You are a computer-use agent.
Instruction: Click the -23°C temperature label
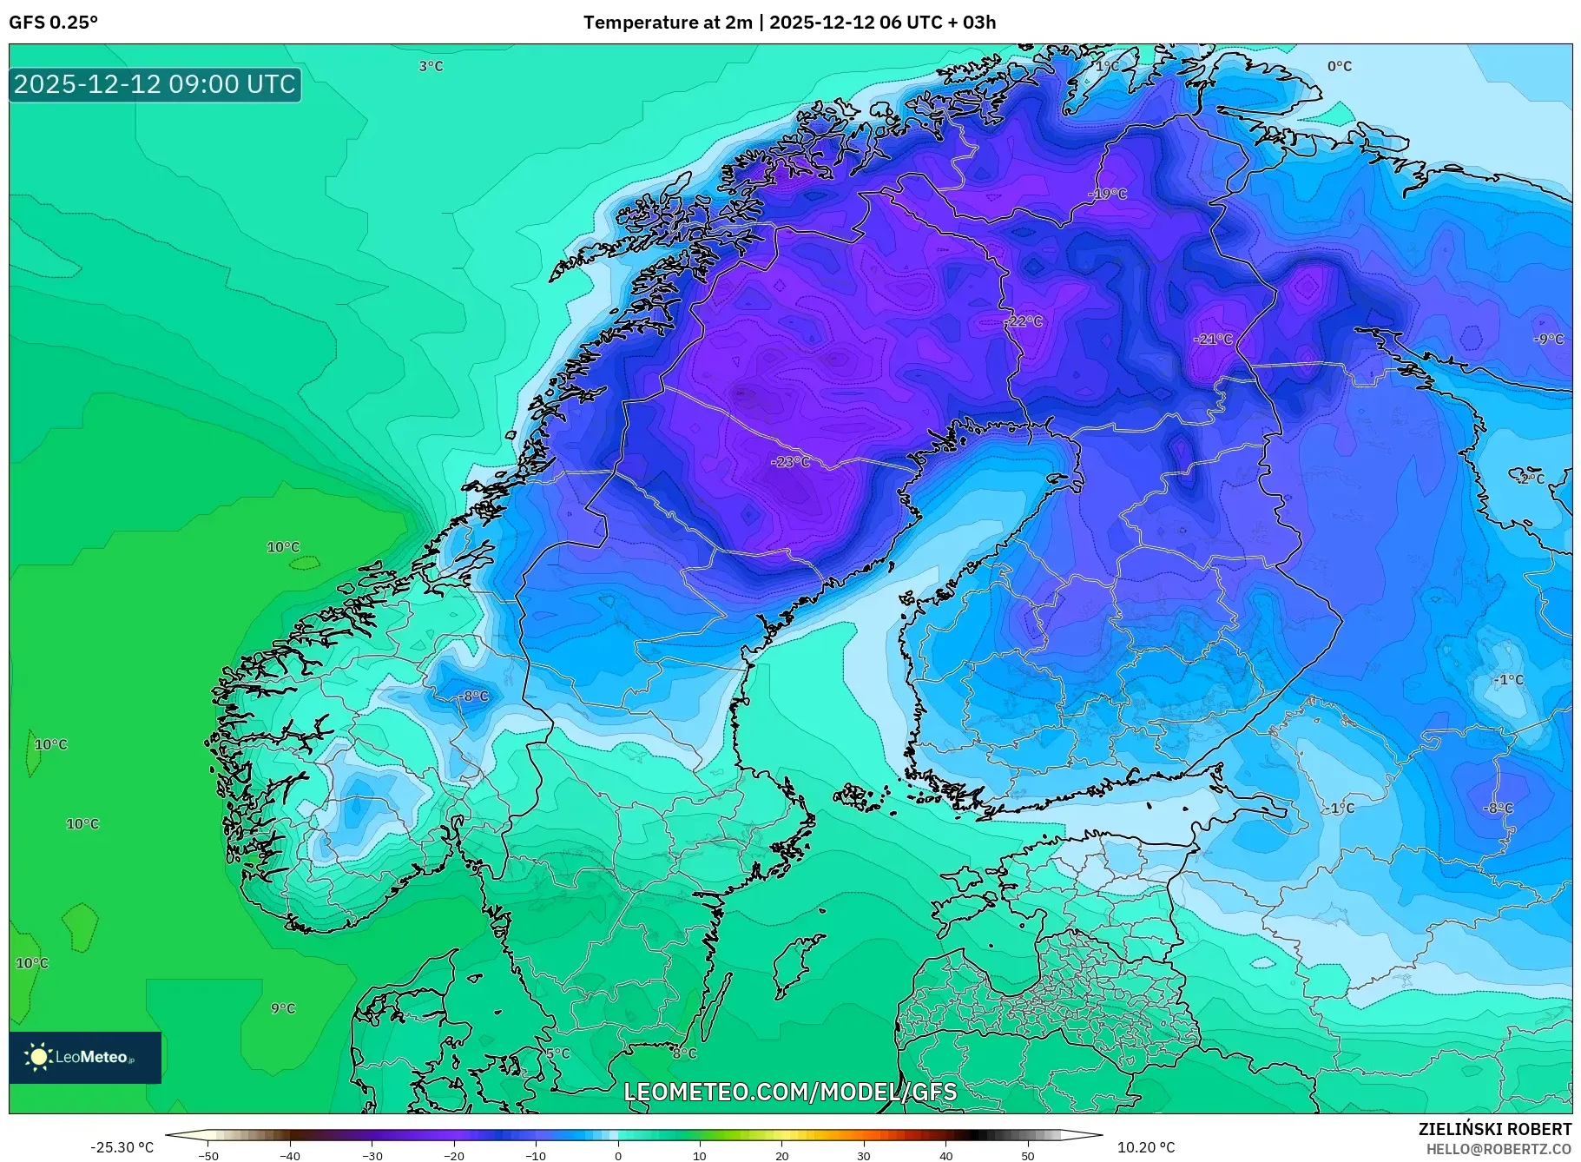click(790, 462)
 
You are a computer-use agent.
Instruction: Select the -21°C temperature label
click(1213, 339)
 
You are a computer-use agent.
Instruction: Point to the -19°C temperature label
click(1108, 194)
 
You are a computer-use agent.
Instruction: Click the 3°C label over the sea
click(431, 66)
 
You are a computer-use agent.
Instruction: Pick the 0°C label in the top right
click(1339, 66)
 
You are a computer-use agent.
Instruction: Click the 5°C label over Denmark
click(557, 1053)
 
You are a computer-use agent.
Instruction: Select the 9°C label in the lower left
click(283, 1008)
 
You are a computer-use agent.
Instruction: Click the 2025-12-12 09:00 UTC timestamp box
click(155, 84)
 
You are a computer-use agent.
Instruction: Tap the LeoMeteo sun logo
click(39, 1057)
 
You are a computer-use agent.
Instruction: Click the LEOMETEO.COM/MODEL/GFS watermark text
click(790, 1092)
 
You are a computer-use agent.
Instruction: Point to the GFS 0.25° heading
click(54, 23)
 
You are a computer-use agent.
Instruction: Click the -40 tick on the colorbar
click(290, 1155)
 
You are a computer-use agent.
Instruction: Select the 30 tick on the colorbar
click(863, 1155)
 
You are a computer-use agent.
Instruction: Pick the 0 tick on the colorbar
click(617, 1155)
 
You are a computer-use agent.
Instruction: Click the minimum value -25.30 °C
click(122, 1147)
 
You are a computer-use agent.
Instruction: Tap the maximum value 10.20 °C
click(1146, 1147)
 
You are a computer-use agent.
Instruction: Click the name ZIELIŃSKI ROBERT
click(1494, 1129)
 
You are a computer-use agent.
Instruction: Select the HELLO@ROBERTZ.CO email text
click(1499, 1149)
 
